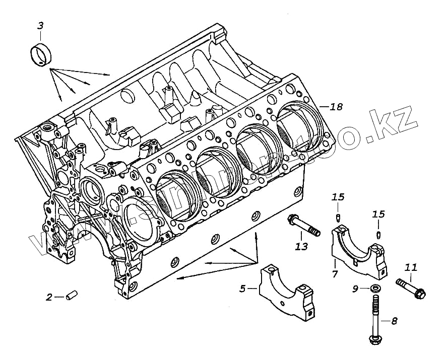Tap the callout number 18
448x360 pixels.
click(336, 106)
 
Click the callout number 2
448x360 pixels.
click(49, 297)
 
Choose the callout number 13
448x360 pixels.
click(301, 246)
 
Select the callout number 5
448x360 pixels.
click(242, 289)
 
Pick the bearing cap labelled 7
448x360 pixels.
click(359, 252)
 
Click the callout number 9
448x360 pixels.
click(355, 289)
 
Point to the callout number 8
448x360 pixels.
click(394, 320)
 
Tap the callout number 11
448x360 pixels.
click(411, 267)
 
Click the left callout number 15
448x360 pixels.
click(338, 196)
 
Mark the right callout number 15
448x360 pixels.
click(378, 214)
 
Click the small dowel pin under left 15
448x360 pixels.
click(338, 217)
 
